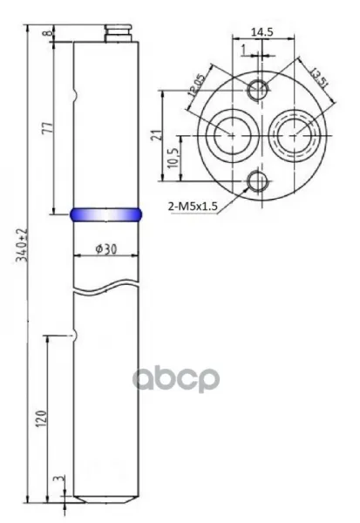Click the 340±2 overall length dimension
[23, 246]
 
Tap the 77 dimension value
[48, 128]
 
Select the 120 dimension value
[41, 418]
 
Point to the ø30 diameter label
[106, 248]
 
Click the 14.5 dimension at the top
[262, 32]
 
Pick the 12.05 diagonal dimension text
[196, 85]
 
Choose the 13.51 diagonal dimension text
[318, 78]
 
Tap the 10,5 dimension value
[173, 158]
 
